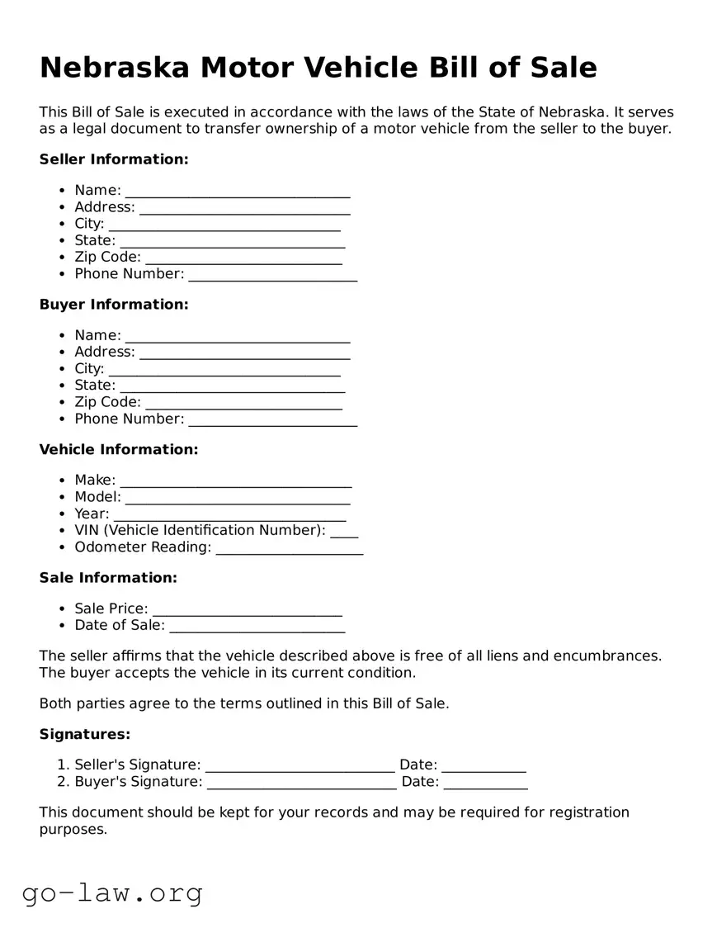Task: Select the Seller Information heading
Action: [x=114, y=159]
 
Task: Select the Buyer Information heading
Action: [x=114, y=305]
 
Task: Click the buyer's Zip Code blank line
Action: [x=243, y=404]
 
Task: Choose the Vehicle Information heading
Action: [x=119, y=450]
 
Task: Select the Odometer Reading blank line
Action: [x=289, y=549]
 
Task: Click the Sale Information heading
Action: [x=108, y=578]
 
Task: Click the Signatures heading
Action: [x=85, y=735]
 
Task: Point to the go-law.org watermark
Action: [x=112, y=892]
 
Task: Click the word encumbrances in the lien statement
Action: [x=606, y=656]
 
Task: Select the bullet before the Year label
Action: [x=63, y=514]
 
